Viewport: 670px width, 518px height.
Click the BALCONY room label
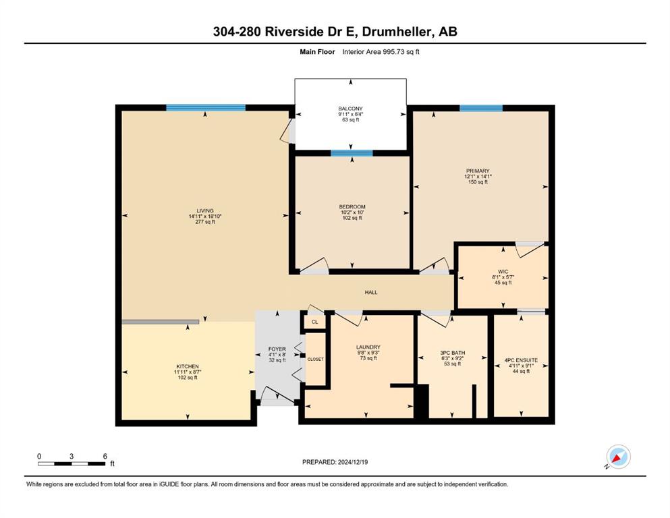[x=350, y=109]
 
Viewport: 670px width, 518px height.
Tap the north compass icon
[x=618, y=457]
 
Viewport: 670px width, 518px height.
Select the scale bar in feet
[x=72, y=463]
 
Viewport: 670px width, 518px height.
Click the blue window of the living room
[x=206, y=108]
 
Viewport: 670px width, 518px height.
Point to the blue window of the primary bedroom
[x=481, y=108]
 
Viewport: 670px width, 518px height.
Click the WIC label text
[x=503, y=272]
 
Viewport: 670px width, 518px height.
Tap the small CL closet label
[x=315, y=322]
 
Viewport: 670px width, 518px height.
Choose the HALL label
[x=371, y=293]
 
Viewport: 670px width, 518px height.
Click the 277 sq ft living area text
[x=205, y=222]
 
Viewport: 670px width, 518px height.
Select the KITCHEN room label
[x=188, y=366]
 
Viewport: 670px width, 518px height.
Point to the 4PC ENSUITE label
[x=521, y=360]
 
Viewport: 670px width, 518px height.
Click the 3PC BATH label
[x=453, y=353]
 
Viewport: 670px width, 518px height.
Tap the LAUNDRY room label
[x=368, y=347]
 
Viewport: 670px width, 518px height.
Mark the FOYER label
[x=277, y=349]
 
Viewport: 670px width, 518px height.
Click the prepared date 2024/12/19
[x=353, y=462]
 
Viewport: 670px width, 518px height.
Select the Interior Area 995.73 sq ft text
[x=381, y=52]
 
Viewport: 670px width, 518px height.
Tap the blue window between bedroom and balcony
[x=352, y=153]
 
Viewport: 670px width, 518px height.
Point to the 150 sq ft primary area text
[x=478, y=182]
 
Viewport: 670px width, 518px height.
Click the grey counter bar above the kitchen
[x=160, y=322]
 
